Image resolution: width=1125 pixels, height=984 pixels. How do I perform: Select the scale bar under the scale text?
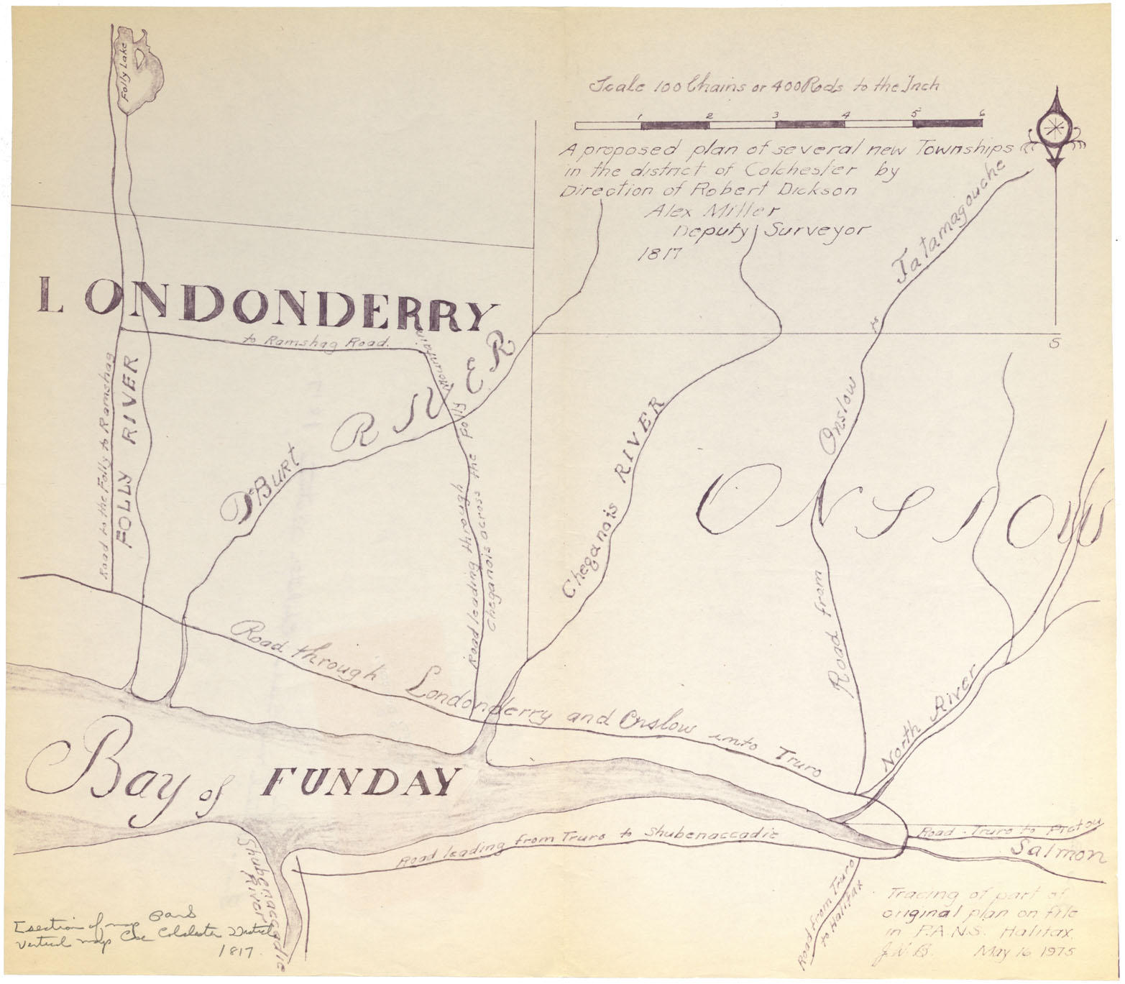(x=779, y=124)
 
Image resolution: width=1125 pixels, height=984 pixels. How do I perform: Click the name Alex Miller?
(x=702, y=211)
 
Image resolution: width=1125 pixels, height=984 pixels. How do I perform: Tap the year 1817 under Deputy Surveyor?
(x=658, y=253)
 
